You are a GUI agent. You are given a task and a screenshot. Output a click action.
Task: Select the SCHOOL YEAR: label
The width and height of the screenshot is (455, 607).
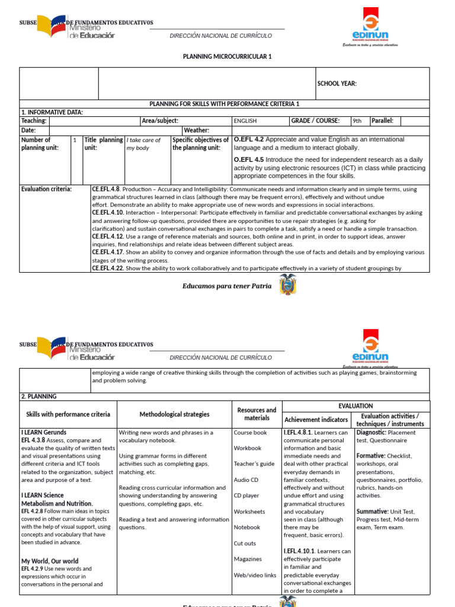click(337, 84)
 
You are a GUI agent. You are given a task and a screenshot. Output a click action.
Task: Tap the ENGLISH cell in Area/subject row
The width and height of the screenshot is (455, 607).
click(245, 121)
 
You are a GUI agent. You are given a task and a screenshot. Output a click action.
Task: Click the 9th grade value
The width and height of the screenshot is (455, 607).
click(357, 121)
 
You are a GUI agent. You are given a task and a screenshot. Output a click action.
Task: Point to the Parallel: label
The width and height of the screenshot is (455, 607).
click(382, 121)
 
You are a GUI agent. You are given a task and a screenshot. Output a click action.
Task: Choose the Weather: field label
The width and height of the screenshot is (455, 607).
click(196, 130)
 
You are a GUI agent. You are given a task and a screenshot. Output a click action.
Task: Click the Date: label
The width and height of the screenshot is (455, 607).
click(28, 130)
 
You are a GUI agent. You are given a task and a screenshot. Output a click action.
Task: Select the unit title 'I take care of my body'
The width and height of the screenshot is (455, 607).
click(143, 144)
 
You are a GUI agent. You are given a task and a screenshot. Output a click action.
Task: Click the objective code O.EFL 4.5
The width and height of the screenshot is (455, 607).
click(248, 159)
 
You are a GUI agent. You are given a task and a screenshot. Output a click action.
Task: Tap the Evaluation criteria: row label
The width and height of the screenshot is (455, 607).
click(46, 189)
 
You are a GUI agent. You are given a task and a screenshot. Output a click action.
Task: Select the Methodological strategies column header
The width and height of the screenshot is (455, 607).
click(174, 414)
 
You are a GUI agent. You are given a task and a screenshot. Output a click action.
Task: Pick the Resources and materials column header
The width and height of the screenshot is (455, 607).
click(257, 414)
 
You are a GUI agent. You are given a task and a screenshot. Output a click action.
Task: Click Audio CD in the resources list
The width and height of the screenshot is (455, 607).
click(246, 480)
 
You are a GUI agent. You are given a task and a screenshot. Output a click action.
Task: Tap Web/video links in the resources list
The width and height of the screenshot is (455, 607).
click(255, 575)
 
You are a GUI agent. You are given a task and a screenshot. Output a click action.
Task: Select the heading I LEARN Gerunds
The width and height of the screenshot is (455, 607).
click(44, 432)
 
